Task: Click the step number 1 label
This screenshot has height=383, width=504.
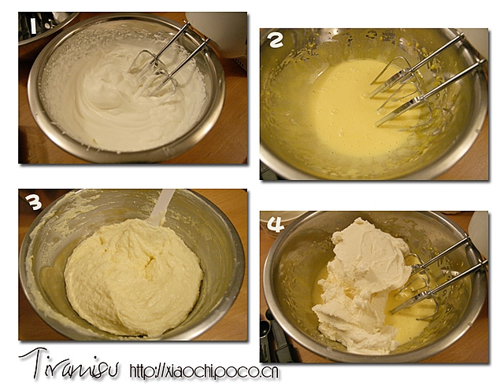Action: click(x=33, y=26)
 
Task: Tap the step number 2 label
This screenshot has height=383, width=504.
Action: click(x=275, y=41)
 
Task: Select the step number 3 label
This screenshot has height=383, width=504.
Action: click(x=34, y=202)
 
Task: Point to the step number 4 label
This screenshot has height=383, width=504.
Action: click(x=276, y=224)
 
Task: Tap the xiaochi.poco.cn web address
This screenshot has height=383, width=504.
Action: click(x=205, y=371)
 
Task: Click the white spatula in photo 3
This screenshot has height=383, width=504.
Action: click(x=161, y=207)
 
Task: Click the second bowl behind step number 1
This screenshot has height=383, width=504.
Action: click(x=45, y=26)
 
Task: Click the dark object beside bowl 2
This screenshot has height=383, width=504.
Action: click(x=268, y=171)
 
